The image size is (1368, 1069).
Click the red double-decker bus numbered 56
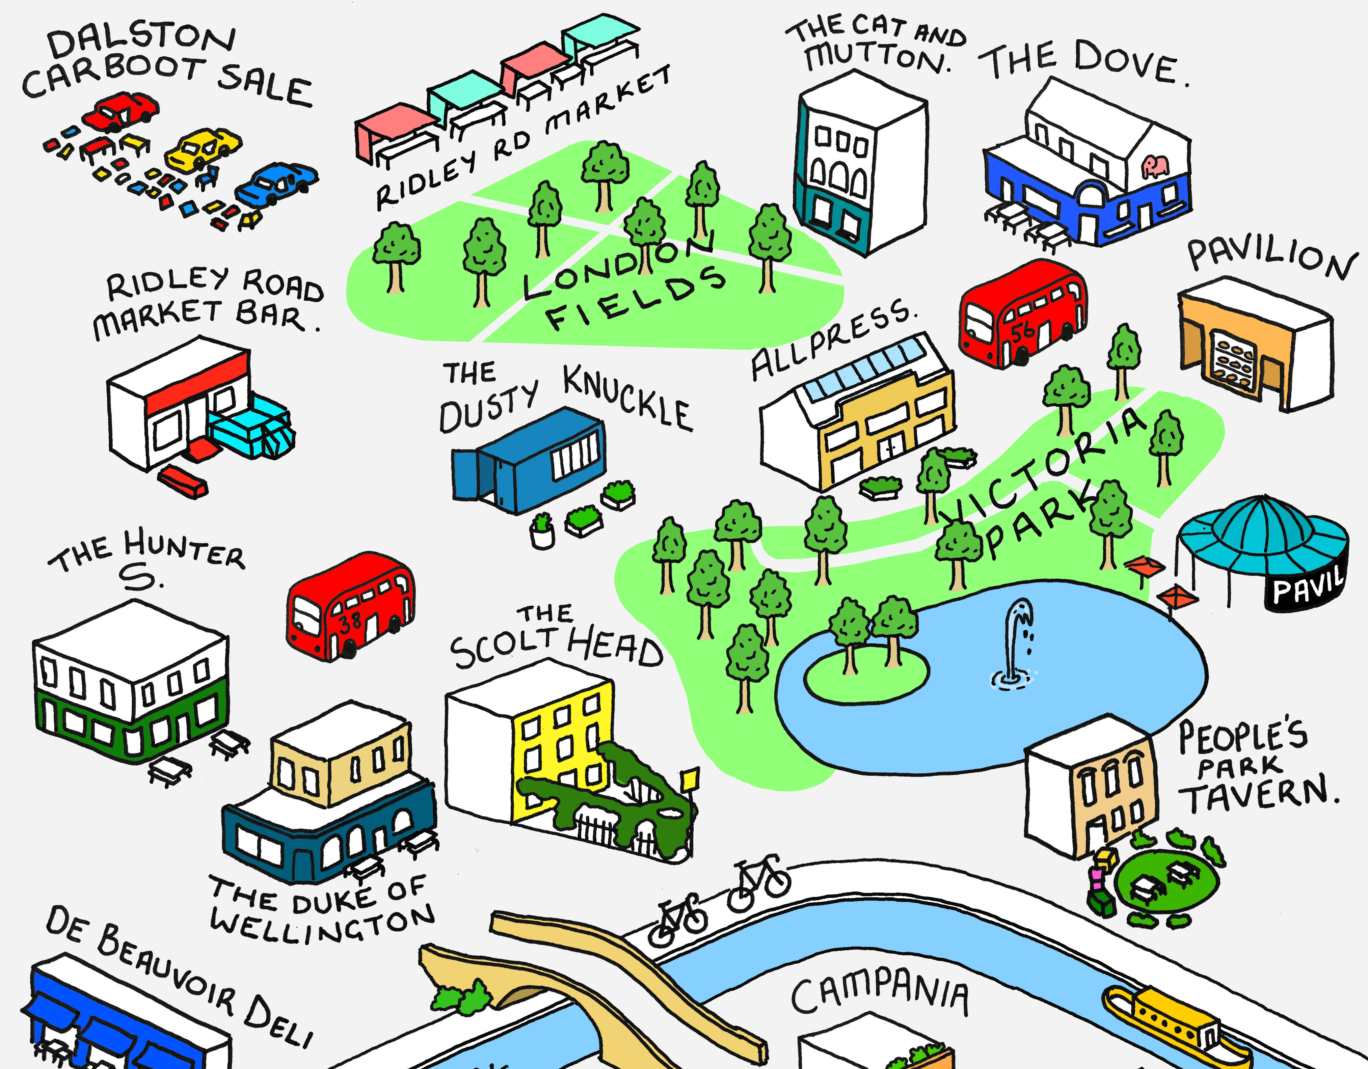click(1022, 314)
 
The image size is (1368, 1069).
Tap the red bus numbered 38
click(350, 606)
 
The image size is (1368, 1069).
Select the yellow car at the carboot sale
click(202, 150)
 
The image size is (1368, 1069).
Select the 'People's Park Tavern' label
click(1253, 767)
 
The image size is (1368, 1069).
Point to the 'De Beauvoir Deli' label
click(179, 977)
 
